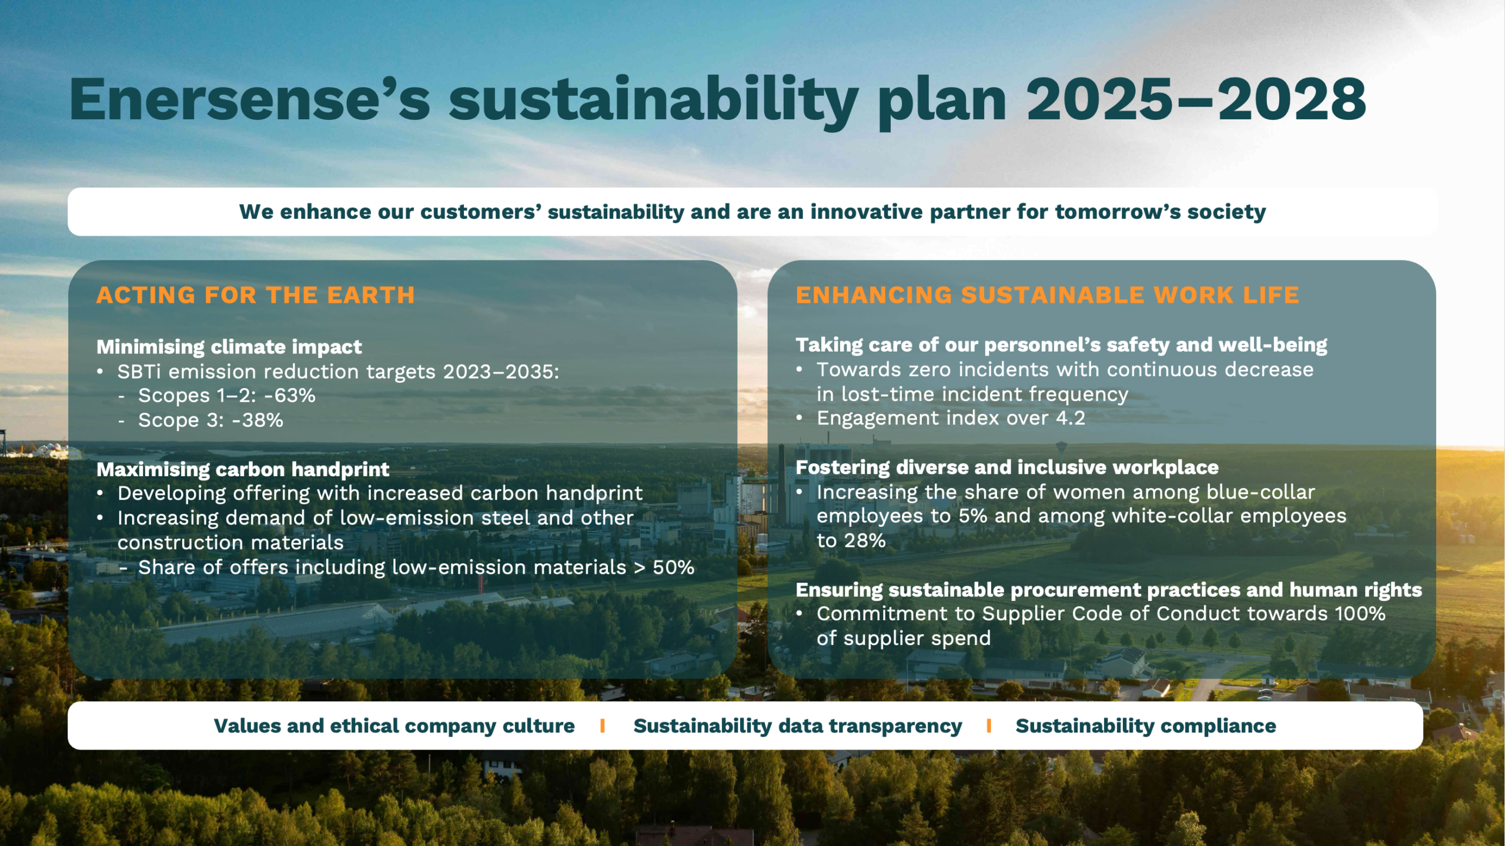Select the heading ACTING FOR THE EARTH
(256, 295)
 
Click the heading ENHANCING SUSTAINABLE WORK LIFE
(1047, 295)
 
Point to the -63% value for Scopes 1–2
(290, 396)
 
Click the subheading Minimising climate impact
(229, 347)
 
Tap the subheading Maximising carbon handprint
(243, 469)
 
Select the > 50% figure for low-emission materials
(664, 567)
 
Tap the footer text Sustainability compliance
(1146, 726)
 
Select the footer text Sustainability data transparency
(798, 726)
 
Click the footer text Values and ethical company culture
(394, 726)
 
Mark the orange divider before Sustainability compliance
(989, 726)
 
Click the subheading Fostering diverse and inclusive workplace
(1007, 467)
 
